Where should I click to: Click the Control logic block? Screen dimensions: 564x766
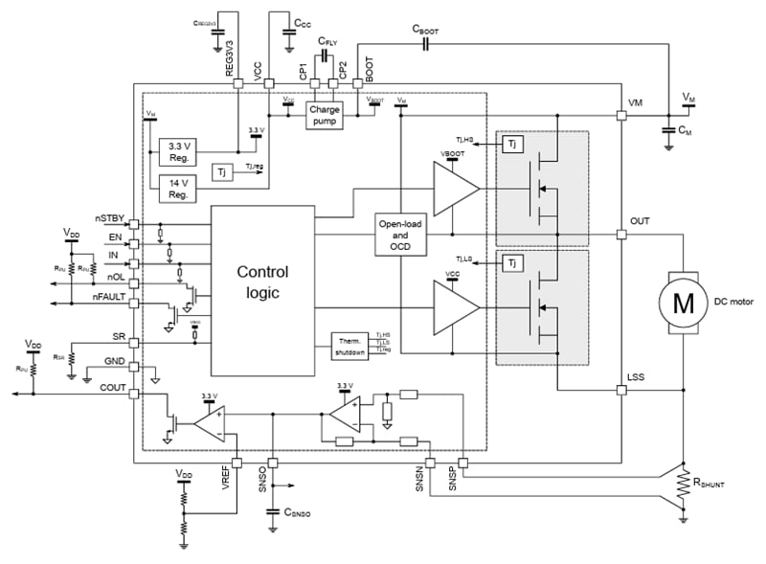coord(261,283)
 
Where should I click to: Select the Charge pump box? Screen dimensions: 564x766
coord(324,116)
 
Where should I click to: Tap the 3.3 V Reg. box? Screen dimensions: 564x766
coord(177,152)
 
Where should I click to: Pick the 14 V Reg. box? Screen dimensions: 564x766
coord(177,189)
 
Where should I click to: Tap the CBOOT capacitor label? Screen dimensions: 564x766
coord(426,31)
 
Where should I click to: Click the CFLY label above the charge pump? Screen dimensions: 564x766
coord(326,42)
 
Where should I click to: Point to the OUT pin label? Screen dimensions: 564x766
coord(640,221)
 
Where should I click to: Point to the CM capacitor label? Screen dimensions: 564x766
coord(685,130)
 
